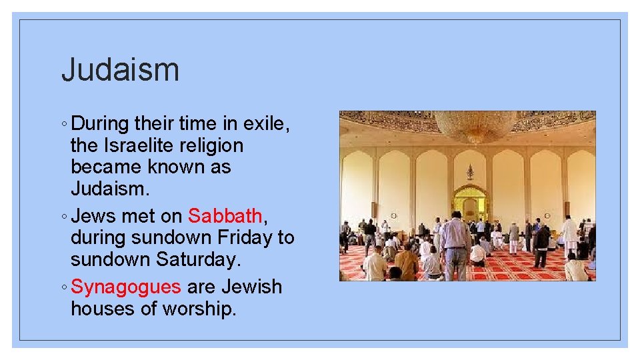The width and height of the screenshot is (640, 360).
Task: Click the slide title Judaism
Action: point(120,70)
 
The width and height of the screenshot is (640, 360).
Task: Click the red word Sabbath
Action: point(225,216)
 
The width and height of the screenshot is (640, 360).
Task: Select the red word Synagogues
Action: point(126,287)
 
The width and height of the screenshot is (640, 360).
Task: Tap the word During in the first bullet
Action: point(100,123)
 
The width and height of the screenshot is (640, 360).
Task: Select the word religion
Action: point(212,145)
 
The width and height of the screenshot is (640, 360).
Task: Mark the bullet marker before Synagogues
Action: point(64,287)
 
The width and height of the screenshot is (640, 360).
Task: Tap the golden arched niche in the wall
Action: point(469,201)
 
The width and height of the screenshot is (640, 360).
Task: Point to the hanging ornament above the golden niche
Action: point(470,172)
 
